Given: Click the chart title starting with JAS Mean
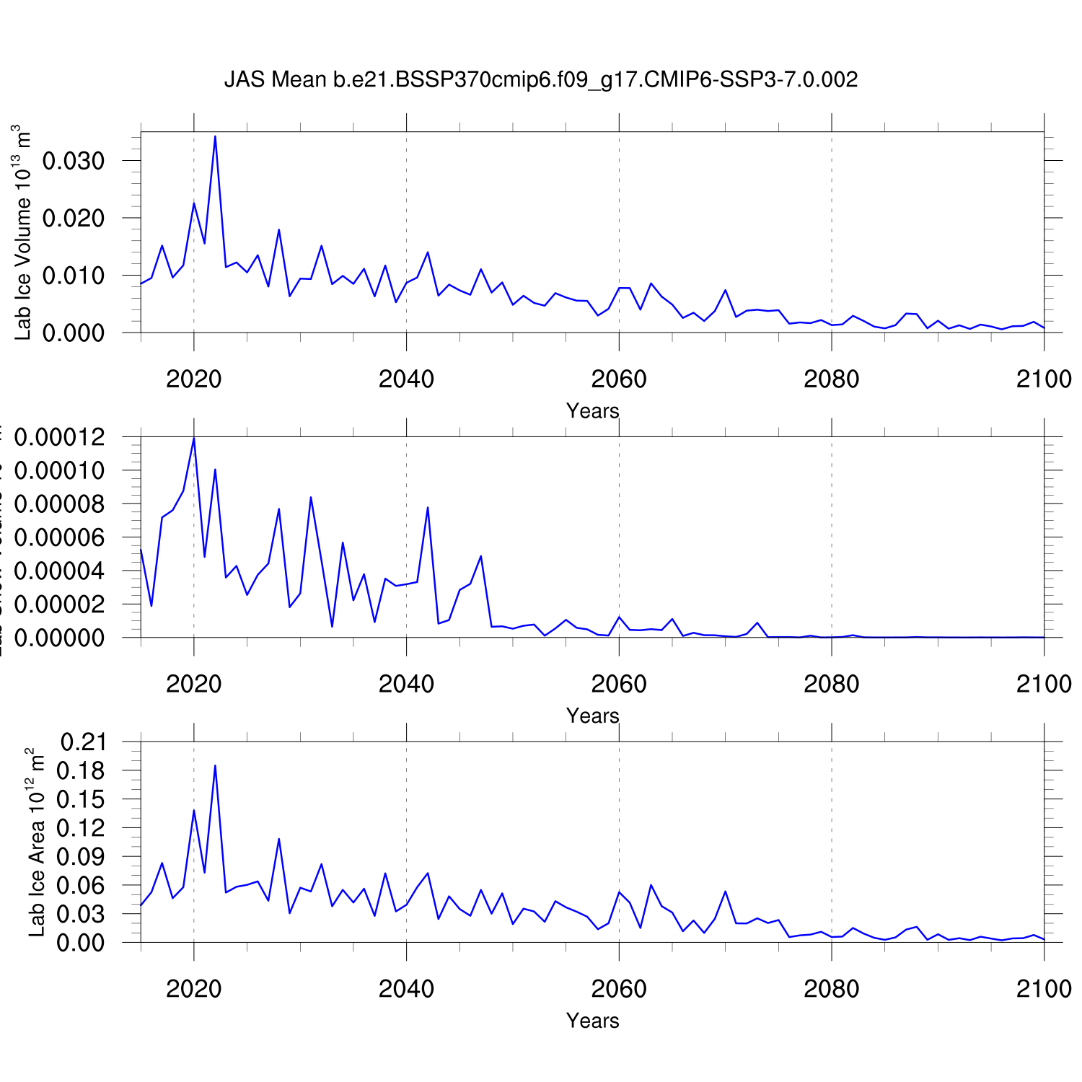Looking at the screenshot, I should pos(541,79).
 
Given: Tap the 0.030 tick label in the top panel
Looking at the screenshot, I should pos(74,161).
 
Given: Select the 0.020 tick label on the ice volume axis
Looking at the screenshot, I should pos(74,218).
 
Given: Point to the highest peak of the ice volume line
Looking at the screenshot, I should pos(215,136).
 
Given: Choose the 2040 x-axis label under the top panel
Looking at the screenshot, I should pos(406,379).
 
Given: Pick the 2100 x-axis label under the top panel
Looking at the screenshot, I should pos(1044,379).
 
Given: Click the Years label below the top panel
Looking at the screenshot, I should pos(592,411).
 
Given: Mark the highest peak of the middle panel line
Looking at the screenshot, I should pos(194,438).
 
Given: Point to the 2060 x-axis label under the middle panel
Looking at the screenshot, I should pos(619,684).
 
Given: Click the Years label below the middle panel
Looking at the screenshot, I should pos(592,716).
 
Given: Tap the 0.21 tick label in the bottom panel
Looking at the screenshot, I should pos(83,742).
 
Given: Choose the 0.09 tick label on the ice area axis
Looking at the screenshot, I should pos(83,857).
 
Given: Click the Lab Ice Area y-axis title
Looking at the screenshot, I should pos(36,843).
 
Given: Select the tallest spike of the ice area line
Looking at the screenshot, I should pos(215,765).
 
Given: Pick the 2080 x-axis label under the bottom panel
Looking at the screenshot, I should pos(831,988).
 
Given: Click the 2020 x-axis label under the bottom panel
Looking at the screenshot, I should pos(193,988).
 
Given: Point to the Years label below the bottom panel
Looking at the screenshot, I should pos(592,1021).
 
